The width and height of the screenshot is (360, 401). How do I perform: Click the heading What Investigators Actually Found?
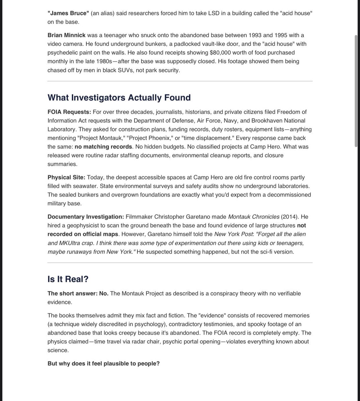(x=119, y=98)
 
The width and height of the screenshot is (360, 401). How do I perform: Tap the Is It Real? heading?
(x=68, y=279)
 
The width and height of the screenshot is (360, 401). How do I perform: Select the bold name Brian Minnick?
(x=66, y=35)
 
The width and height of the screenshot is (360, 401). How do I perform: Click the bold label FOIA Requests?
(x=69, y=112)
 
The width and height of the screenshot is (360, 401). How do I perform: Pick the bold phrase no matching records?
(x=103, y=147)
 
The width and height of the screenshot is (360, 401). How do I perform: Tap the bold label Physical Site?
(x=66, y=177)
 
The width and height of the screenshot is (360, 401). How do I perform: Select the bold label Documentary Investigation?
(x=86, y=217)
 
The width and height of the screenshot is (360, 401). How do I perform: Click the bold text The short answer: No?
(x=78, y=293)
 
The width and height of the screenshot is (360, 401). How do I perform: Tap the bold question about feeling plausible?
(x=103, y=363)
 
